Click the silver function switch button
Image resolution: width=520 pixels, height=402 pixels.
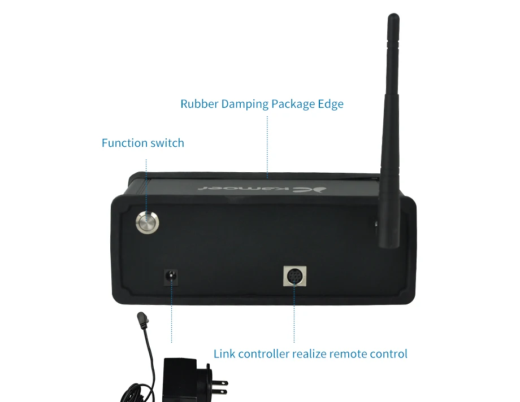148,222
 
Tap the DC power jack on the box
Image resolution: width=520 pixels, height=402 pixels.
171,277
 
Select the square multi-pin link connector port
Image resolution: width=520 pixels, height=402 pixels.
294,276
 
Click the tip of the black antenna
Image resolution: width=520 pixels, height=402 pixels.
393,15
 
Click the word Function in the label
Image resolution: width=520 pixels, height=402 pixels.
125,143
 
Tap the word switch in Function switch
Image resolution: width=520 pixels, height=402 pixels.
167,143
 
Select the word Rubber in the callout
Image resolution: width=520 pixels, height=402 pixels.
200,104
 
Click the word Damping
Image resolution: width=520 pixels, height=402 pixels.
245,104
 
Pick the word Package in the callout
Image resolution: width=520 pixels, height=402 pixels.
293,104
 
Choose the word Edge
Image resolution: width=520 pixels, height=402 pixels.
331,104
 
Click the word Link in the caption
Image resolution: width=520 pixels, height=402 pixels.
224,353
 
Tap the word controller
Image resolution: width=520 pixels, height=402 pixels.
263,353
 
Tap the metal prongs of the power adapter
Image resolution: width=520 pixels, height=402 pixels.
219,387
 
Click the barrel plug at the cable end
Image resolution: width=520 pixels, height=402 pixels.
142,320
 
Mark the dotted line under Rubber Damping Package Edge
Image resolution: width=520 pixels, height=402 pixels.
267,145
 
